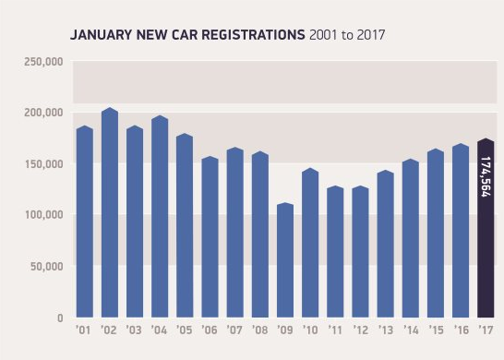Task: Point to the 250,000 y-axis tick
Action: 42,62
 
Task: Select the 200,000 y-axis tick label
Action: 42,113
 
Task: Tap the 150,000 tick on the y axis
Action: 42,164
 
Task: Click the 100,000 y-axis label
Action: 42,215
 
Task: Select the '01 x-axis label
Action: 84,330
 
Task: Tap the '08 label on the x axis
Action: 259,330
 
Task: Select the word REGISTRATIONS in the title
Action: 250,35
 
